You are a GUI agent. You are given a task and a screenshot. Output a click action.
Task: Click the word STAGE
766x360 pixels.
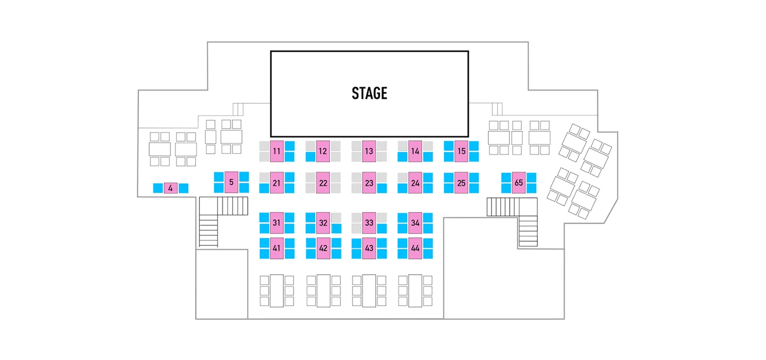[369, 94]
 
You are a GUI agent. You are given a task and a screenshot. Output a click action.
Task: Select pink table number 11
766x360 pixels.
[277, 151]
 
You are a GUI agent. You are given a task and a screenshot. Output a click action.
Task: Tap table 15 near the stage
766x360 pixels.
[461, 151]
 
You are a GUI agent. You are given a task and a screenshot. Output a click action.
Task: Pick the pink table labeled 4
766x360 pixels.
[170, 188]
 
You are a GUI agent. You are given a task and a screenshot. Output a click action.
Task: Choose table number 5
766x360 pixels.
[231, 182]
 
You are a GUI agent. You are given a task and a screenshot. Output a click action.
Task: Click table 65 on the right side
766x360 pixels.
[518, 183]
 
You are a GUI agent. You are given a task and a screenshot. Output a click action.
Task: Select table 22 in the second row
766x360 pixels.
[323, 183]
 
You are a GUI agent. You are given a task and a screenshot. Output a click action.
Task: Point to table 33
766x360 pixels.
[369, 223]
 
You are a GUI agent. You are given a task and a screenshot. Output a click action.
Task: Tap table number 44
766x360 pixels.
[415, 248]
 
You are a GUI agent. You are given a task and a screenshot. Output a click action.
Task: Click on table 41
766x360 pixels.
[277, 248]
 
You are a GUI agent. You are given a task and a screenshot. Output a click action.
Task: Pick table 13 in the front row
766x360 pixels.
[369, 151]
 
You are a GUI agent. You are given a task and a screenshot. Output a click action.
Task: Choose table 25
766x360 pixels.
[461, 183]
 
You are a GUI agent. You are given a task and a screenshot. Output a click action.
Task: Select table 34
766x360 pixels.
[415, 223]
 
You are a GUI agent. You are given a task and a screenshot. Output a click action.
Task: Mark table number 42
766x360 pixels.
[323, 248]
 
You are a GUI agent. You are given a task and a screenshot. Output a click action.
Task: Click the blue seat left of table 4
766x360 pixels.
[158, 188]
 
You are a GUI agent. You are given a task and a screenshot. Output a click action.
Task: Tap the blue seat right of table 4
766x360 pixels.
[184, 188]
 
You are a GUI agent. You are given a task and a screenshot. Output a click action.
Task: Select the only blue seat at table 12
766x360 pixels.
[310, 157]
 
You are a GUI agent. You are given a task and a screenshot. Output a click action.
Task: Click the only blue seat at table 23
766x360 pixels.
[382, 188]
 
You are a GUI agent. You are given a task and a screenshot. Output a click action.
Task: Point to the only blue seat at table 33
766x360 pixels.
[382, 228]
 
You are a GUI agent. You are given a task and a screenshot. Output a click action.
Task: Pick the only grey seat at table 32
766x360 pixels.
[336, 217]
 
